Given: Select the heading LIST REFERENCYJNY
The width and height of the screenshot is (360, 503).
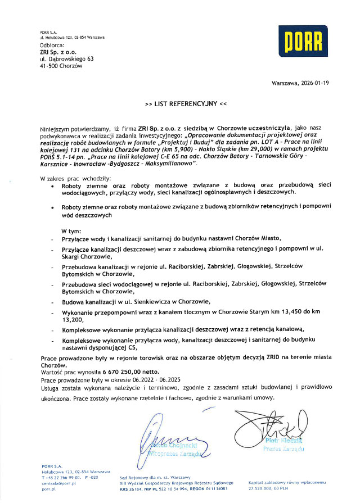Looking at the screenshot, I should (186, 104).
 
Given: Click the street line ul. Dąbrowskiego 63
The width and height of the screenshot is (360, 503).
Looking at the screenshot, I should (66, 58).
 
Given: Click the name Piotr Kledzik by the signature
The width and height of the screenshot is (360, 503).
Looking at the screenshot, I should (284, 442).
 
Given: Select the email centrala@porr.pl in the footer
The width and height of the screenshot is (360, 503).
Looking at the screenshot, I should (58, 483).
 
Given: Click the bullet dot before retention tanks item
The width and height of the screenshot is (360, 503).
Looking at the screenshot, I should (52, 207).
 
